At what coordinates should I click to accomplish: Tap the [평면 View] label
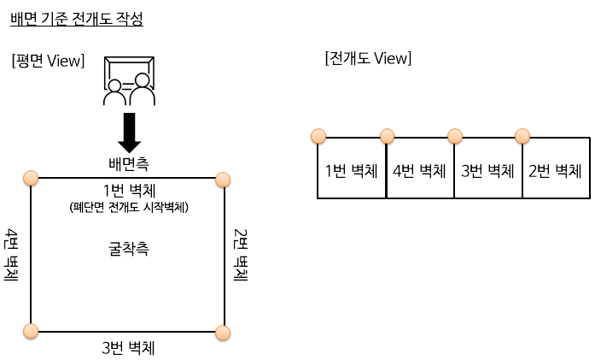tap(48, 61)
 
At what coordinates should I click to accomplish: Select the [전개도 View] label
tap(368, 58)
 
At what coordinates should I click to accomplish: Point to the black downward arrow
tap(130, 133)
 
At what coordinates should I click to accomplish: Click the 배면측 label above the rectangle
tap(128, 163)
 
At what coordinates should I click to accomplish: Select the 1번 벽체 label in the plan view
tap(128, 190)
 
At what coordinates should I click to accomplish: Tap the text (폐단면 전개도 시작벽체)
tap(128, 208)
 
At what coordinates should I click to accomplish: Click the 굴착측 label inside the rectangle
tap(128, 249)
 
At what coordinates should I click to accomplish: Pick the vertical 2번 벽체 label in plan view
tap(241, 255)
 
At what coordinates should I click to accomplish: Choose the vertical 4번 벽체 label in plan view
tap(12, 255)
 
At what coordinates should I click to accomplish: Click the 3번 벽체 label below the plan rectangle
tap(128, 348)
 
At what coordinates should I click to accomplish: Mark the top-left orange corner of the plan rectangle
tap(31, 178)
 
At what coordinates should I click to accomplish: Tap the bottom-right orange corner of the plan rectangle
tap(224, 332)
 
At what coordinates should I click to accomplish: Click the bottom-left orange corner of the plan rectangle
tap(31, 332)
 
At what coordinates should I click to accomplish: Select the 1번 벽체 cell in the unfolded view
tap(351, 170)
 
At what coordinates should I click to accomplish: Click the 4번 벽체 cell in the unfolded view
tap(419, 170)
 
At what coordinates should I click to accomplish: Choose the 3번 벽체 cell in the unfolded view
tap(487, 170)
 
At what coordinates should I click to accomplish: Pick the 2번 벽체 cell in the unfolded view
tap(555, 170)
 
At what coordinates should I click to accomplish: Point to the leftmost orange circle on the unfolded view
tap(318, 136)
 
